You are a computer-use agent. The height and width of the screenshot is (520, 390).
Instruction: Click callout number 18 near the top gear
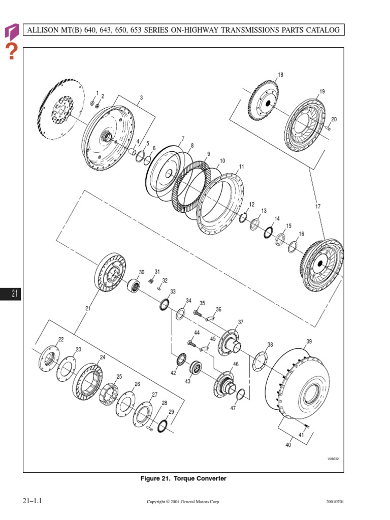pyautogui.click(x=280, y=75)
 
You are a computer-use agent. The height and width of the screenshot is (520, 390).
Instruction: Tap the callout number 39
pyautogui.click(x=309, y=341)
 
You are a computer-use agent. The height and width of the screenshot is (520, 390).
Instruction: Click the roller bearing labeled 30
pyautogui.click(x=135, y=286)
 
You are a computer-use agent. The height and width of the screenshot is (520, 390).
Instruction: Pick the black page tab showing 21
pyautogui.click(x=11, y=293)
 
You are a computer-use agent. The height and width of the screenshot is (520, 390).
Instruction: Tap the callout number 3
pyautogui.click(x=141, y=97)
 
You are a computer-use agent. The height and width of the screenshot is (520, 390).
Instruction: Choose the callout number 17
pyautogui.click(x=318, y=206)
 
